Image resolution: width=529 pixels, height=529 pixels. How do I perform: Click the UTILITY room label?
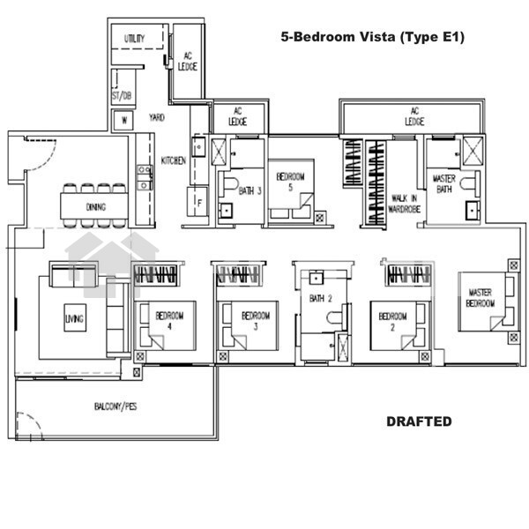pyautogui.click(x=134, y=39)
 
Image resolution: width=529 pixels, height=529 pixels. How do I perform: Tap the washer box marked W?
pyautogui.click(x=123, y=120)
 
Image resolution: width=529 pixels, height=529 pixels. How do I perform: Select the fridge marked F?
pyautogui.click(x=197, y=202)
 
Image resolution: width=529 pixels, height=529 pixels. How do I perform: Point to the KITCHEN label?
pyautogui.click(x=173, y=160)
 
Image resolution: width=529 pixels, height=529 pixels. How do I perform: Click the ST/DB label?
pyautogui.click(x=122, y=96)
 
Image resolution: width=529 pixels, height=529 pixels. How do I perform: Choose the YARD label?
pyautogui.click(x=157, y=117)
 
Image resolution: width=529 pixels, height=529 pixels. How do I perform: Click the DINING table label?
pyautogui.click(x=96, y=207)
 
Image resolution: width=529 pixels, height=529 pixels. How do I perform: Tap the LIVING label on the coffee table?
pyautogui.click(x=74, y=318)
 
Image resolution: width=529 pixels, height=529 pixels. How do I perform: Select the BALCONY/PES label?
pyautogui.click(x=115, y=406)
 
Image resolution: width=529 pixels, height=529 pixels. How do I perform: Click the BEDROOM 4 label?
pyautogui.click(x=169, y=321)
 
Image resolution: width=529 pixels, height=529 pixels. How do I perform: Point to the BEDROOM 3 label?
pyautogui.click(x=256, y=321)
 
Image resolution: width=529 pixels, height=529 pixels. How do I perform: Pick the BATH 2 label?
pyautogui.click(x=321, y=298)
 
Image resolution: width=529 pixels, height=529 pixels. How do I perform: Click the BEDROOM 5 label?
pyautogui.click(x=290, y=182)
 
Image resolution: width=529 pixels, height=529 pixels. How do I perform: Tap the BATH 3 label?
pyautogui.click(x=250, y=191)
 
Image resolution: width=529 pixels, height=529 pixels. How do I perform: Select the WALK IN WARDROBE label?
pyautogui.click(x=404, y=204)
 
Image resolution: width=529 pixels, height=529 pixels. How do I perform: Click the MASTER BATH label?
pyautogui.click(x=444, y=184)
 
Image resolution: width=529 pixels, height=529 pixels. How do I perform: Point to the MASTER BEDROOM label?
pyautogui.click(x=481, y=298)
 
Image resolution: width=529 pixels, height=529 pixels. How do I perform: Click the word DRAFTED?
pyautogui.click(x=419, y=421)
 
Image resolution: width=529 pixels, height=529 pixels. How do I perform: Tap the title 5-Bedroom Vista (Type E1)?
pyautogui.click(x=373, y=37)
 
